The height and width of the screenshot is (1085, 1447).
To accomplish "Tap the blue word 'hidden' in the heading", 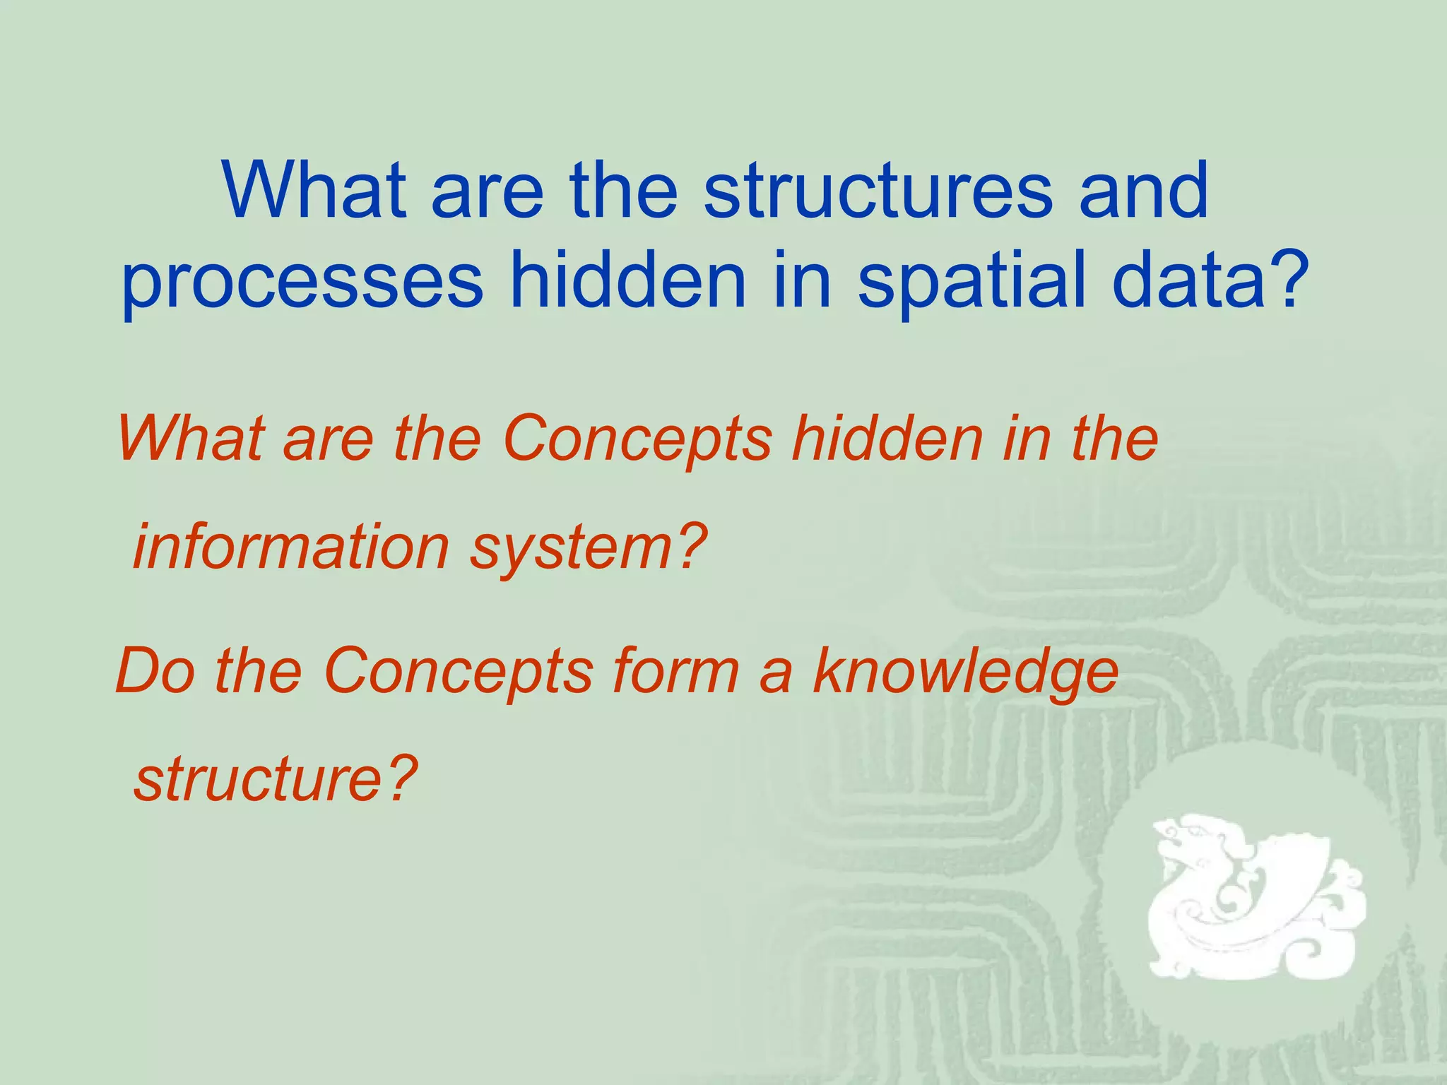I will click(629, 281).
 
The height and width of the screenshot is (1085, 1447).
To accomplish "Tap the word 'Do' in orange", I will click(155, 671).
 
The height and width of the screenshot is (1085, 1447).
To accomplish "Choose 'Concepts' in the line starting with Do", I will click(459, 671).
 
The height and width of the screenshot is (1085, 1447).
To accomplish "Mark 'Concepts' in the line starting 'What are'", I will click(638, 439).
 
